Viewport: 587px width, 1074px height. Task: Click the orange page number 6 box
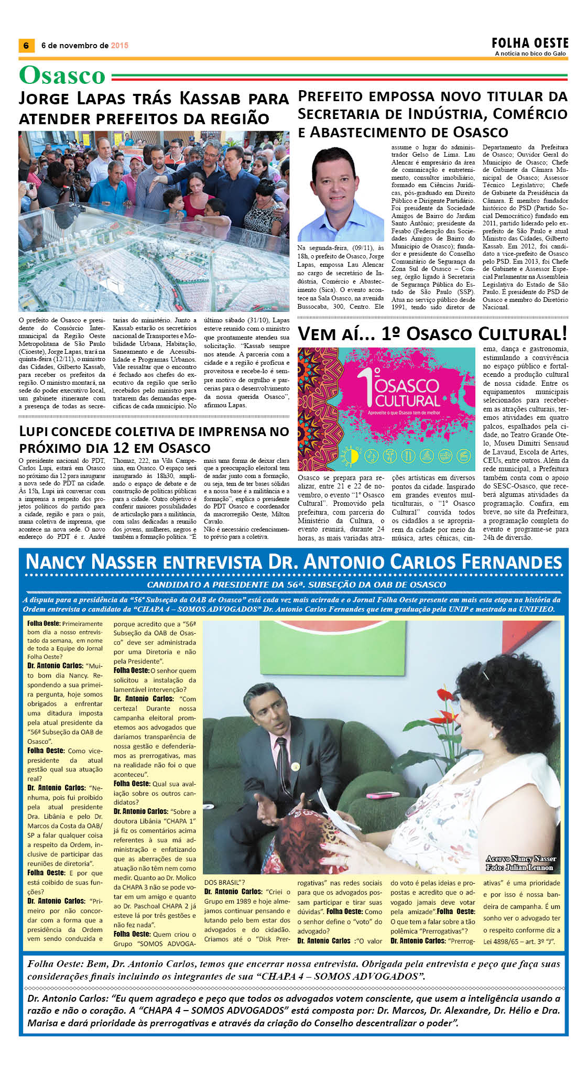(26, 46)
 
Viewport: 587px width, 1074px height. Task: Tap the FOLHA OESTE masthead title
(530, 43)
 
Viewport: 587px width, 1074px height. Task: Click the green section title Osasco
(62, 75)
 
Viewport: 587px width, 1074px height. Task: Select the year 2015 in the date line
(119, 46)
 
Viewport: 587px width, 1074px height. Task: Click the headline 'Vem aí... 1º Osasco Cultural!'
(432, 334)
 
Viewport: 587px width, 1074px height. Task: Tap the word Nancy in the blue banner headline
(56, 562)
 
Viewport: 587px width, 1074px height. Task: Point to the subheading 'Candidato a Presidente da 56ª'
(296, 584)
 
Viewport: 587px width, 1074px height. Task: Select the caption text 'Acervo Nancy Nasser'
(520, 859)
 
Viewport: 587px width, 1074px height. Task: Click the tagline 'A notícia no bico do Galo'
(531, 53)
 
